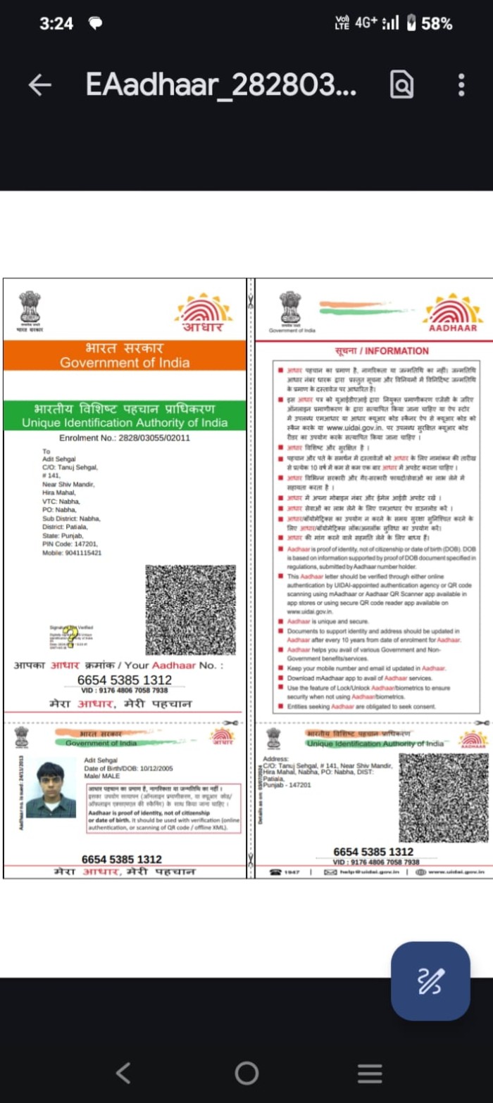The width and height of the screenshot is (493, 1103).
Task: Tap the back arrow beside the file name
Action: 40,85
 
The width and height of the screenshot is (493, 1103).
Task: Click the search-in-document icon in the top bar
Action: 401,85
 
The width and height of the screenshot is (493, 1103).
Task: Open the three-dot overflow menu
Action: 461,85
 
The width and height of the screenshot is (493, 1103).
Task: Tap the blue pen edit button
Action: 430,981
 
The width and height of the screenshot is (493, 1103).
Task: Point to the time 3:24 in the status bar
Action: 56,23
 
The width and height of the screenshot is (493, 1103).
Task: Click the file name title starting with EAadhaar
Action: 220,85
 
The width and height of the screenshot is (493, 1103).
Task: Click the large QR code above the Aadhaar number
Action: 190,609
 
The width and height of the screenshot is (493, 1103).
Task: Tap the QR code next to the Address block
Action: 444,798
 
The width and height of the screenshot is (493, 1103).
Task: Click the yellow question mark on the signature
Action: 70,637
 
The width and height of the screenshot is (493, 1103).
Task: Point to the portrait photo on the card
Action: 51,790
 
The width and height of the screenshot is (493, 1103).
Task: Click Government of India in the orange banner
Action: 125,363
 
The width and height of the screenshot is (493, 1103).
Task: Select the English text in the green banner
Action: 125,423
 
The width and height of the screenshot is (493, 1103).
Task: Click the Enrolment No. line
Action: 125,438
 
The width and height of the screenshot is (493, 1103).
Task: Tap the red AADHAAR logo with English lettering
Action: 453,313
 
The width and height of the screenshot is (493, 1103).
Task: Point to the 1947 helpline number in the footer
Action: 286,872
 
